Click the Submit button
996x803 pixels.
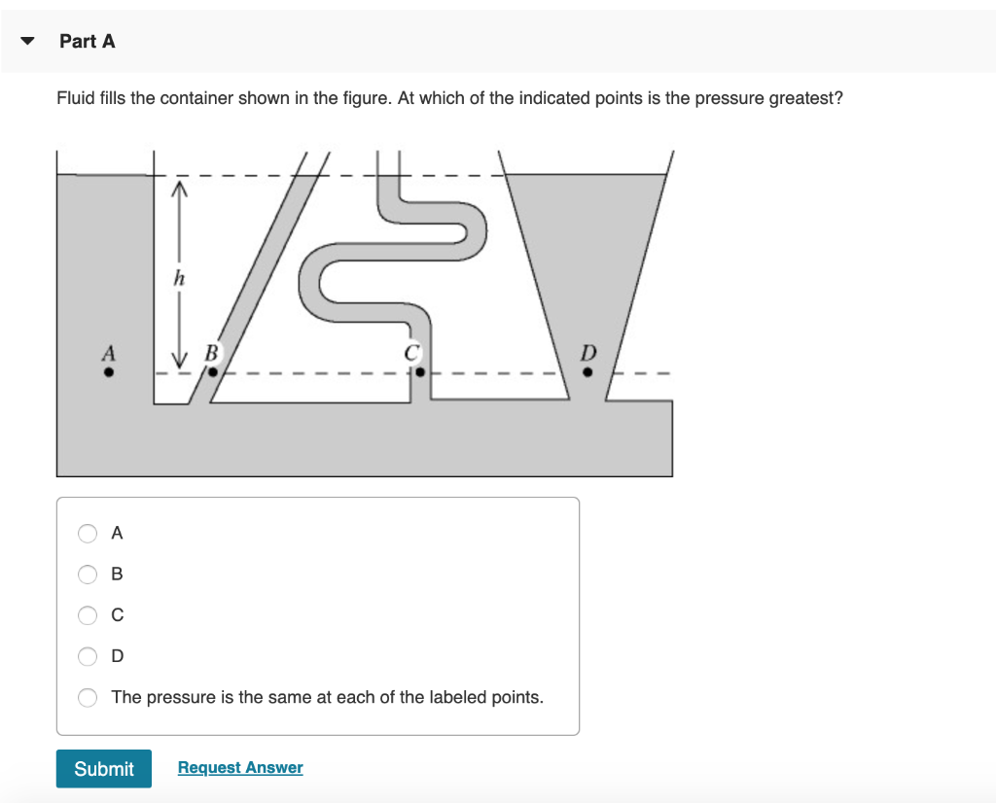point(103,768)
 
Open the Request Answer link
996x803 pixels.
point(240,768)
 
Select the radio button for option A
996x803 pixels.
point(89,533)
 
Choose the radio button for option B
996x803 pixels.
point(89,574)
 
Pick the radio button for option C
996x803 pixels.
point(89,614)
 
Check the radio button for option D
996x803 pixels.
point(89,656)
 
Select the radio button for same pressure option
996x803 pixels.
point(89,697)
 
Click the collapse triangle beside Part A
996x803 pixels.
point(28,42)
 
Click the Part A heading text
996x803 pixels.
point(87,41)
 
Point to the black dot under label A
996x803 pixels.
point(109,371)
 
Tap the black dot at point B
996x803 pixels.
point(212,371)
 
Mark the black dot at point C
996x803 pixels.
point(420,371)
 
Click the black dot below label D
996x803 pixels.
point(587,371)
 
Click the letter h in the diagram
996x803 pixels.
point(178,278)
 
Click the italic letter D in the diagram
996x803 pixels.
point(587,351)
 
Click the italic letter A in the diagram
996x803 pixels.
point(109,351)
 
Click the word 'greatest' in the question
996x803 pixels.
point(805,98)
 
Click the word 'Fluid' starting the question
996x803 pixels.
point(76,98)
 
